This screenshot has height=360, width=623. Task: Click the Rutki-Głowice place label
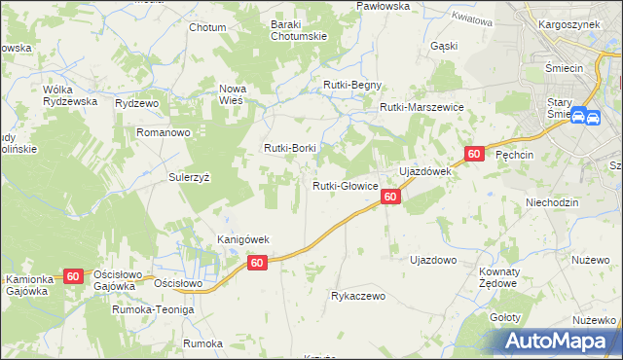(345, 186)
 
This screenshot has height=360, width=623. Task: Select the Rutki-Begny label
(352, 86)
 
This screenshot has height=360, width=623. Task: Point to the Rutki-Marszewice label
(421, 107)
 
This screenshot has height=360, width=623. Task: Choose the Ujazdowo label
(433, 261)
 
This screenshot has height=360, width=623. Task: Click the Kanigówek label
(242, 239)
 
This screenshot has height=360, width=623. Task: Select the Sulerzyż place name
(190, 178)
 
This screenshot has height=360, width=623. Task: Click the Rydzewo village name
(136, 103)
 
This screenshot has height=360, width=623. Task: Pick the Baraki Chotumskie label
(299, 32)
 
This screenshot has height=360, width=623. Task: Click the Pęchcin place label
(516, 155)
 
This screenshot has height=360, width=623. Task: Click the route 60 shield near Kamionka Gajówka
(74, 276)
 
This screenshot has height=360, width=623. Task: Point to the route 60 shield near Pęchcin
(474, 154)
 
